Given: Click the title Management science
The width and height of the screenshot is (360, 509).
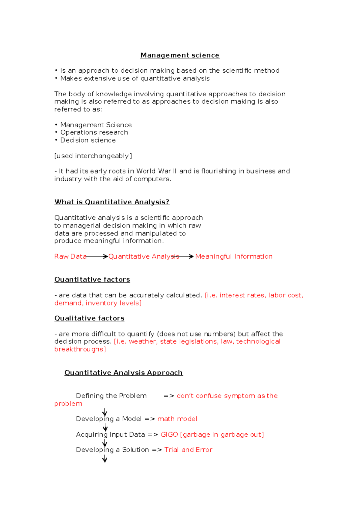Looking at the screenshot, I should pos(180,55).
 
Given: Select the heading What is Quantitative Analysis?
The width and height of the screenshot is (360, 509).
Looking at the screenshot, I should pos(112,202).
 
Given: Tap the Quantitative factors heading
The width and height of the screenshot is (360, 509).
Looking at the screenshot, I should pos(92,279).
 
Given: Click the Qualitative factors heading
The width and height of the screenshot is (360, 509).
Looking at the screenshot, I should pos(89,318).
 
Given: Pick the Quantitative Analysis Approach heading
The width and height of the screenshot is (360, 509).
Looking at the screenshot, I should pos(123,372).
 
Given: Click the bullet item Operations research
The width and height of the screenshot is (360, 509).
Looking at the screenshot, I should pos(94,132).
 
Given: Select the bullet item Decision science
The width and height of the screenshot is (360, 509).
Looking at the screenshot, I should pos(88,140).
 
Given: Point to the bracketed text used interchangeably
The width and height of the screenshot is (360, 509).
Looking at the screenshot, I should pos(93,156).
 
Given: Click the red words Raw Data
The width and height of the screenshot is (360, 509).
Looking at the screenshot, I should pos(70,256).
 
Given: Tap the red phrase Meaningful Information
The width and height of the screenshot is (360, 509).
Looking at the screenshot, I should pos(234,256).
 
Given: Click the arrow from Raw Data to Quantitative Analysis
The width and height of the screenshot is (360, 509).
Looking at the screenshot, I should pos(97,256).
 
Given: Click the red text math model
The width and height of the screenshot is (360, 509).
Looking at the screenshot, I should pos(177,419).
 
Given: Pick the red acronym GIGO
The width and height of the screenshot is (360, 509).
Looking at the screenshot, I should pos(169,434).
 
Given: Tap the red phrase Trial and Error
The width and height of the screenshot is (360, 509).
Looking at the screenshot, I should pos(188,450).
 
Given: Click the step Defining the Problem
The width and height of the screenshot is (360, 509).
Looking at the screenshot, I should pos(111,396).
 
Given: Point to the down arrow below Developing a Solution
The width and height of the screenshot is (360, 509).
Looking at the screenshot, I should pos(104,459).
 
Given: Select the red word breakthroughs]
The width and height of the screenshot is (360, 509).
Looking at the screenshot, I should pos(80,349).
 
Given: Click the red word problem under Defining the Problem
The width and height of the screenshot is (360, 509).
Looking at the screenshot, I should pos(68,404).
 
